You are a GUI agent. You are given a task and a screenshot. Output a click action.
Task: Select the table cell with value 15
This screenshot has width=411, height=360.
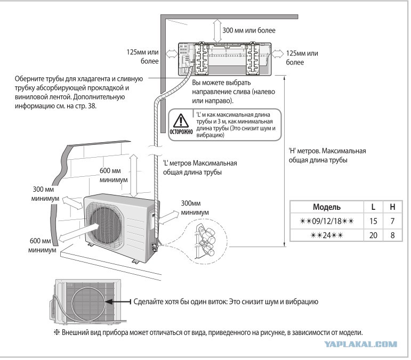pyautogui.click(x=372, y=219)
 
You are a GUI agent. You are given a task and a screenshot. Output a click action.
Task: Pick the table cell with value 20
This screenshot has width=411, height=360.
pyautogui.click(x=372, y=234)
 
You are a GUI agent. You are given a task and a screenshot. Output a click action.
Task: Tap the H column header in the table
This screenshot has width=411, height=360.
pyautogui.click(x=392, y=206)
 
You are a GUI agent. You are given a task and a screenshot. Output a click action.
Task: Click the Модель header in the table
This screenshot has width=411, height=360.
pyautogui.click(x=327, y=206)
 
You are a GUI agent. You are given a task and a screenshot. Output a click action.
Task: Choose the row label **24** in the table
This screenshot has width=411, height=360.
pyautogui.click(x=327, y=234)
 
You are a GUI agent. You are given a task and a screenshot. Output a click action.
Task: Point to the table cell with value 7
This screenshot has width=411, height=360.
pyautogui.click(x=392, y=219)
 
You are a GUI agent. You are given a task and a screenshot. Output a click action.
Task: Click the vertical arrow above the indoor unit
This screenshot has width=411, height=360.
pyautogui.click(x=215, y=31)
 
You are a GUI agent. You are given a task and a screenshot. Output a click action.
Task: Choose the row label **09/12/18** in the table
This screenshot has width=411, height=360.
pyautogui.click(x=327, y=219)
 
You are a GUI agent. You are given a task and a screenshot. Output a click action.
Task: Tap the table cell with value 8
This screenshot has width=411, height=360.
pyautogui.click(x=392, y=234)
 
